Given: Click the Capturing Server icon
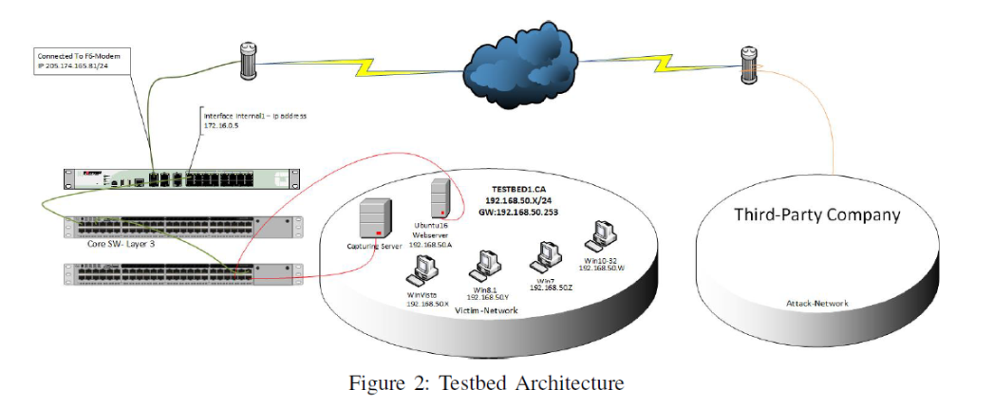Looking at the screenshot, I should pos(376,218).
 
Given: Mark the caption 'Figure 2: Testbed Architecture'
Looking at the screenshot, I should pos(486,384).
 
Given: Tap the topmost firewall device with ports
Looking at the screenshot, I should pos(181,179).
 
